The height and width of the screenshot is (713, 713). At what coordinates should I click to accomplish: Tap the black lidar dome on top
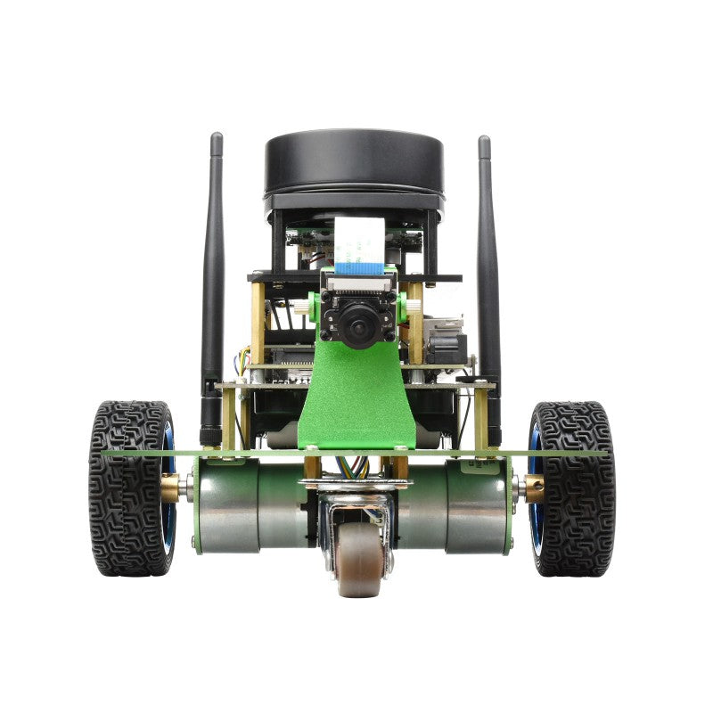click(x=354, y=169)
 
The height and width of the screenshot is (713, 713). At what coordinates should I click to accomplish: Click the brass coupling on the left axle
click(x=171, y=487)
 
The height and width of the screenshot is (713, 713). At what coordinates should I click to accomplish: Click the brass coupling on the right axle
click(x=534, y=487)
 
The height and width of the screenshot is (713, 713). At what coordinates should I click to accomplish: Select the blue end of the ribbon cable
click(x=359, y=266)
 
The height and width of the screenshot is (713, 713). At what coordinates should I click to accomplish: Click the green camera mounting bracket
click(x=356, y=401)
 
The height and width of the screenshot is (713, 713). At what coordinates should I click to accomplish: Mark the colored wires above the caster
click(x=355, y=466)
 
